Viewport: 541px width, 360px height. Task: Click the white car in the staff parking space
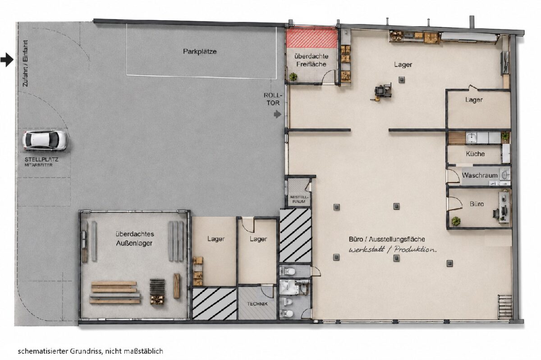[x=44, y=140]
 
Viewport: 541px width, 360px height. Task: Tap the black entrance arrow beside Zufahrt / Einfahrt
[x=7, y=60]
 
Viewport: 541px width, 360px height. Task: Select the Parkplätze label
[x=200, y=51]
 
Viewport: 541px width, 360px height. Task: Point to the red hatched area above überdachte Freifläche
[x=312, y=37]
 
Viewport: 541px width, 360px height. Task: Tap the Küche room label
[x=475, y=154]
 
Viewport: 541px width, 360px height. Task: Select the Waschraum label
[x=480, y=175]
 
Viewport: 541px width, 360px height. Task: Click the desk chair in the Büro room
[x=496, y=213]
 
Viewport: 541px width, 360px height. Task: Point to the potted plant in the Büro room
[x=456, y=221]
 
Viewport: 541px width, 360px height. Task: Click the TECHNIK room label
[x=257, y=304]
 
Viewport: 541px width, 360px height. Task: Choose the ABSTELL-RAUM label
[x=299, y=199]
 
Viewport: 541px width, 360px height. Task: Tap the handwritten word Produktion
[x=415, y=249]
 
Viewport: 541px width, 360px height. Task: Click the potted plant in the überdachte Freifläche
[x=293, y=77]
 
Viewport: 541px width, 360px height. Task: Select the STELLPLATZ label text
[x=41, y=159]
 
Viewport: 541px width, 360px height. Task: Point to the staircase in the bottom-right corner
[x=505, y=307]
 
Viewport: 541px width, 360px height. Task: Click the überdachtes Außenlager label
[x=134, y=239]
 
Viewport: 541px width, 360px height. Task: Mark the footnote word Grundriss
[x=87, y=351]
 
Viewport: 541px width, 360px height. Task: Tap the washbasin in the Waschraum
[x=505, y=175]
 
